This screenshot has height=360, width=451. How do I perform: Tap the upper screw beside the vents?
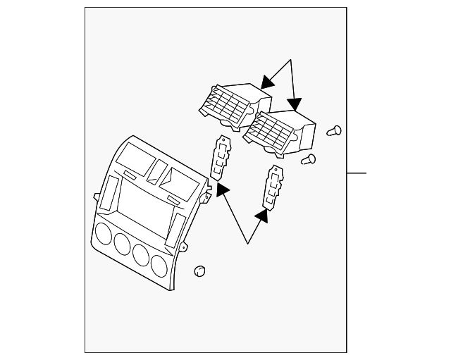[x=334, y=130]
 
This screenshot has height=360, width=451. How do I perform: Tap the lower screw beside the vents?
[x=307, y=159]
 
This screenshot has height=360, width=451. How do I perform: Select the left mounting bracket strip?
[x=221, y=158]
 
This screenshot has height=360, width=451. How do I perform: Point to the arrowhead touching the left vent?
[x=266, y=82]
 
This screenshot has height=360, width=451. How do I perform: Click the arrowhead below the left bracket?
[x=222, y=189]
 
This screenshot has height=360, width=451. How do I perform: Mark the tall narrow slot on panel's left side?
[x=110, y=194]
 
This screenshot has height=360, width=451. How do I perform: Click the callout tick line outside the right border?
[x=357, y=173]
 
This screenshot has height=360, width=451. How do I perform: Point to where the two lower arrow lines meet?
[x=248, y=243]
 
